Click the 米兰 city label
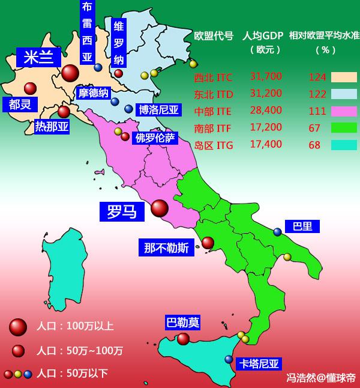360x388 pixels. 38,57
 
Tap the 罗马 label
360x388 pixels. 122,211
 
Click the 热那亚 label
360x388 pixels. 52,126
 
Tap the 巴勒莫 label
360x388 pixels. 182,323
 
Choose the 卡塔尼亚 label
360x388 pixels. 259,363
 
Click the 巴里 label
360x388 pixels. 302,226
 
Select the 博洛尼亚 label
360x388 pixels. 159,109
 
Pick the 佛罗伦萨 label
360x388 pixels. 155,138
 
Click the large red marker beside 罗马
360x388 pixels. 160,208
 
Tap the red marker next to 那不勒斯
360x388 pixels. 208,243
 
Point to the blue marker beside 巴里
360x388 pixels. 277,232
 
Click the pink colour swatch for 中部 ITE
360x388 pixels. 344,111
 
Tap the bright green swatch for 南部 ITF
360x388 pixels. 344,128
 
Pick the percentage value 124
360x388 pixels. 317,77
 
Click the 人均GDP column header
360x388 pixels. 263,36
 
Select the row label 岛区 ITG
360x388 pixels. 214,145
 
